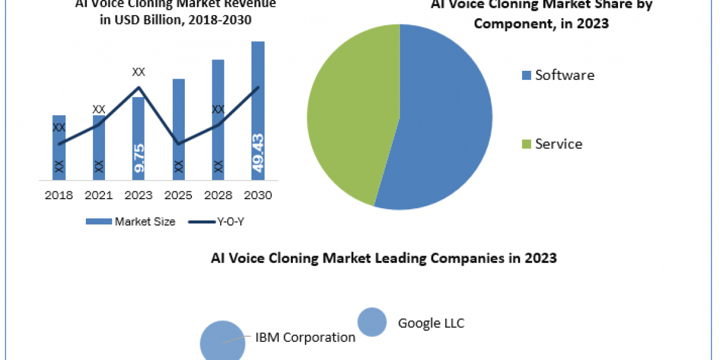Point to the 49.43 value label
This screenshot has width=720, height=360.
(258, 153)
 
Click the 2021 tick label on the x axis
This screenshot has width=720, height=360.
(98, 196)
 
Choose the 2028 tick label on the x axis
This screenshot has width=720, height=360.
(218, 196)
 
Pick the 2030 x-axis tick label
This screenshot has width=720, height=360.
(258, 196)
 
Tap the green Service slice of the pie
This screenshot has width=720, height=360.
(348, 114)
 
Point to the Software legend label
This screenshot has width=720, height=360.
(565, 75)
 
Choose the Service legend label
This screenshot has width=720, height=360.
(559, 144)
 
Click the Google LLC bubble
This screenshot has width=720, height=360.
(372, 322)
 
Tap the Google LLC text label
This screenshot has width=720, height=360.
(431, 323)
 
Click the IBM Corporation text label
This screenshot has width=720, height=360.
(305, 337)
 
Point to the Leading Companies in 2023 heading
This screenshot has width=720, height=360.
(384, 259)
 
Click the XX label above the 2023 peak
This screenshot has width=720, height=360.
(139, 72)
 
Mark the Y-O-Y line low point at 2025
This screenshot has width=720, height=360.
(179, 144)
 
